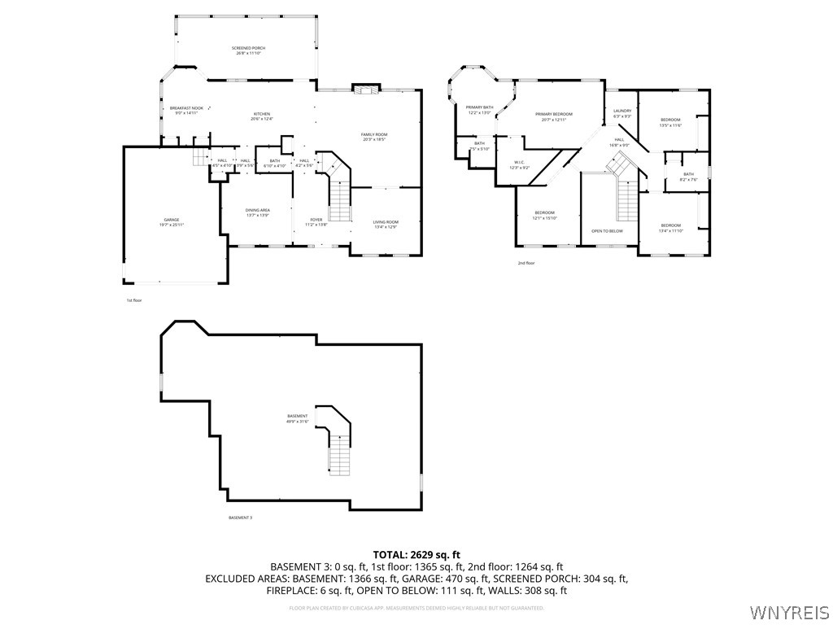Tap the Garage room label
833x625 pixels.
[x=171, y=222]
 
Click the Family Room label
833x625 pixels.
[x=374, y=136]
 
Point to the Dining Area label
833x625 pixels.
[x=257, y=212]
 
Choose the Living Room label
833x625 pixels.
[x=386, y=224]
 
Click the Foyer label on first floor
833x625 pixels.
[x=316, y=221]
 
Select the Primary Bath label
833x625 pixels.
[x=479, y=110]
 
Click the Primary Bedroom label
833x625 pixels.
[x=553, y=116]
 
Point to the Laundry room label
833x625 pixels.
[x=622, y=113]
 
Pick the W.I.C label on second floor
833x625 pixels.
[x=519, y=165]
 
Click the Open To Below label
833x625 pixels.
[x=607, y=231]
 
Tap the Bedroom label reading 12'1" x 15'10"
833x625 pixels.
[x=544, y=215]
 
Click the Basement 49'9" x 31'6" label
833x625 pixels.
[x=297, y=418]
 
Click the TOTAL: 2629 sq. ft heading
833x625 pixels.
[x=416, y=554]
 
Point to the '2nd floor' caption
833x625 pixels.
[x=526, y=263]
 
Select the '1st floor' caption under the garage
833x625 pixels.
[x=134, y=300]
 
